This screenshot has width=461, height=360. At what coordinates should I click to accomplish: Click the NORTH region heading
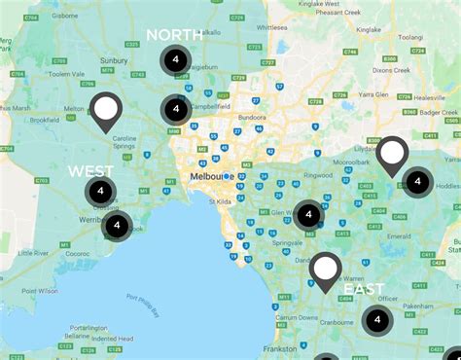175,35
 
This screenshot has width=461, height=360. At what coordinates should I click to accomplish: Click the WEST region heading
90,171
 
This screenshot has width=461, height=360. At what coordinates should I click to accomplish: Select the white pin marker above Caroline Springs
106,110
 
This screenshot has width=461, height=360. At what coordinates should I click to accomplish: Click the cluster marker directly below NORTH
175,60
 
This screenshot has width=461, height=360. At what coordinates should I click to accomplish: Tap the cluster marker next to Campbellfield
175,109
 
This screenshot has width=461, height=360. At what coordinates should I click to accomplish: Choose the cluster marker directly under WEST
100,192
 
